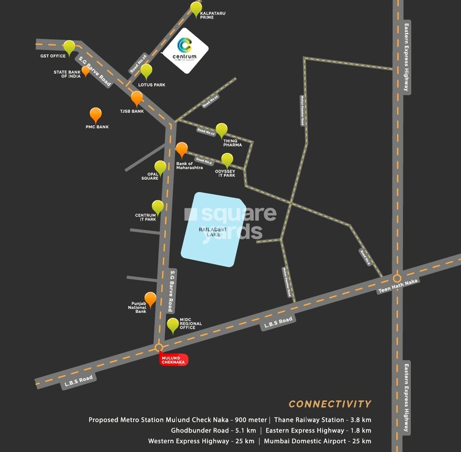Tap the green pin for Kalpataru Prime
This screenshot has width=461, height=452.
(195, 9)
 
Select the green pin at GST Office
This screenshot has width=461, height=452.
(69, 46)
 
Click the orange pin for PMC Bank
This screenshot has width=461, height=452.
(96, 114)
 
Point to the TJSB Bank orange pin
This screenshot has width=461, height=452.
(137, 98)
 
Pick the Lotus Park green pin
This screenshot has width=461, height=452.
(146, 71)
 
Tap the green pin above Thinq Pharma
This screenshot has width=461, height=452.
(222, 129)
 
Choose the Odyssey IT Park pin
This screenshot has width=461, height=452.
(227, 160)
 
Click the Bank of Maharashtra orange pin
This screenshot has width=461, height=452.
(181, 149)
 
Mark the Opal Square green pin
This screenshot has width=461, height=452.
(160, 167)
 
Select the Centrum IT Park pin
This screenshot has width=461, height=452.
(158, 207)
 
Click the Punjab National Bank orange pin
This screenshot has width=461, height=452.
(150, 299)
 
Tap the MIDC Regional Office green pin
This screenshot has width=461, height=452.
(173, 325)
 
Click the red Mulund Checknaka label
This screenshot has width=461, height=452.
(173, 360)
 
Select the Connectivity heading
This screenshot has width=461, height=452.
(330, 404)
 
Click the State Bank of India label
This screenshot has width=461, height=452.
(67, 74)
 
